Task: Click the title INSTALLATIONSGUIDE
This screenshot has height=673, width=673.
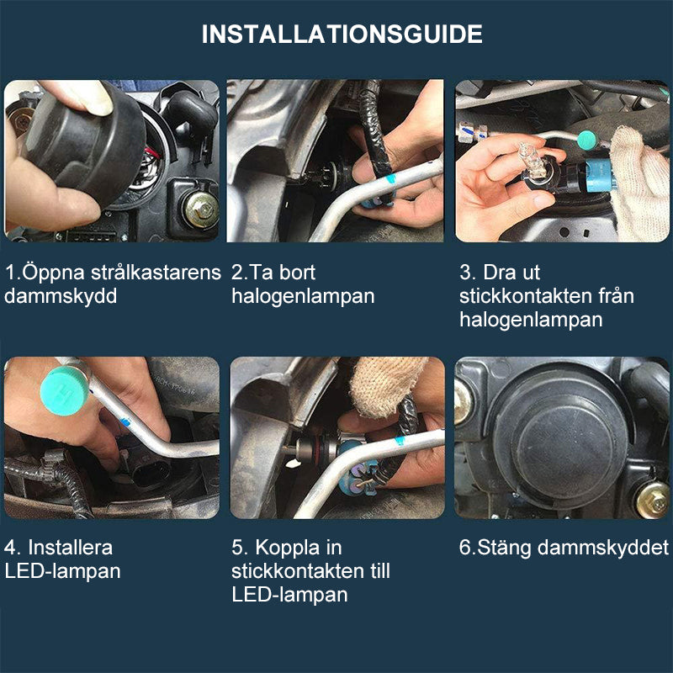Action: (342, 34)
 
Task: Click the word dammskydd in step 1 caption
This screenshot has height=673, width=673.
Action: (61, 296)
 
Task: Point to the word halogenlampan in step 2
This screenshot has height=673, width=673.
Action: (303, 296)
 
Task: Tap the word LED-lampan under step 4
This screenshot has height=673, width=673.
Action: (62, 571)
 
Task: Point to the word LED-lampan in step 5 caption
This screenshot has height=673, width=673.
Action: (289, 595)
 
